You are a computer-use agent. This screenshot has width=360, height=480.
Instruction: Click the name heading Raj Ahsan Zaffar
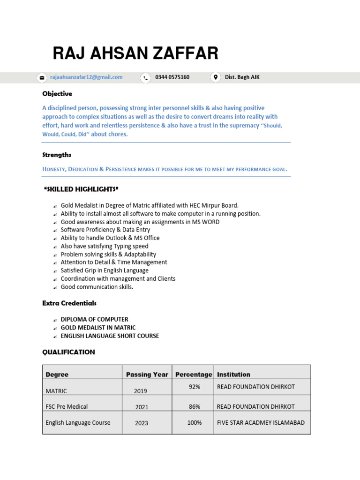click(x=135, y=53)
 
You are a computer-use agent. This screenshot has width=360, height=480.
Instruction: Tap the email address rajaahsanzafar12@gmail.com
click(x=86, y=77)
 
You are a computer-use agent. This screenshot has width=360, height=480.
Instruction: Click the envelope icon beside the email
click(x=42, y=78)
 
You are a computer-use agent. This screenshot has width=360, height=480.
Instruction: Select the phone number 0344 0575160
click(x=172, y=77)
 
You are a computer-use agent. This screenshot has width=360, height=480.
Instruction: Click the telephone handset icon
click(x=146, y=78)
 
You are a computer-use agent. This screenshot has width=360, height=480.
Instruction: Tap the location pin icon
click(x=215, y=77)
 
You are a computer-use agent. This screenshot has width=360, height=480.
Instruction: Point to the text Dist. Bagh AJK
click(x=242, y=77)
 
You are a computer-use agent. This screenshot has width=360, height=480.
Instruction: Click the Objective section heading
click(x=57, y=94)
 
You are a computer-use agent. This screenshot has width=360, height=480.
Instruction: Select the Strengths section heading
click(x=57, y=155)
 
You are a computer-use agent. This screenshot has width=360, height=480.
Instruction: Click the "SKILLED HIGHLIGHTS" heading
click(x=81, y=189)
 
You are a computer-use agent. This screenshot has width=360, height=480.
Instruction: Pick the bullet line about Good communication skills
click(x=97, y=287)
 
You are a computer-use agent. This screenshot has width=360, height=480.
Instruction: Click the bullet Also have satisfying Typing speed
click(x=104, y=246)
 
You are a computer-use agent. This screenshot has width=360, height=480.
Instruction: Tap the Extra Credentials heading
click(x=69, y=303)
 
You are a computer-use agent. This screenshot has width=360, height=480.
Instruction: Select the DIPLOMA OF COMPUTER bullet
click(x=94, y=319)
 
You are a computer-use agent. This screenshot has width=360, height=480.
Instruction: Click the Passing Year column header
click(x=147, y=375)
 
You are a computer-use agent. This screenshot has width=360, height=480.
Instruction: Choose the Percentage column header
click(x=193, y=375)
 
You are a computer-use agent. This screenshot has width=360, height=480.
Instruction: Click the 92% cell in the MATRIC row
click(x=195, y=387)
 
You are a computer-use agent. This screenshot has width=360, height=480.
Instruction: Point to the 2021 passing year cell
click(x=142, y=407)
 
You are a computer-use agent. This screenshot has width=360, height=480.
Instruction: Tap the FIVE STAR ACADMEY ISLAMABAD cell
click(x=261, y=422)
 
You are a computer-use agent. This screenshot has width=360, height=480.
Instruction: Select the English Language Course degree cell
click(x=78, y=422)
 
